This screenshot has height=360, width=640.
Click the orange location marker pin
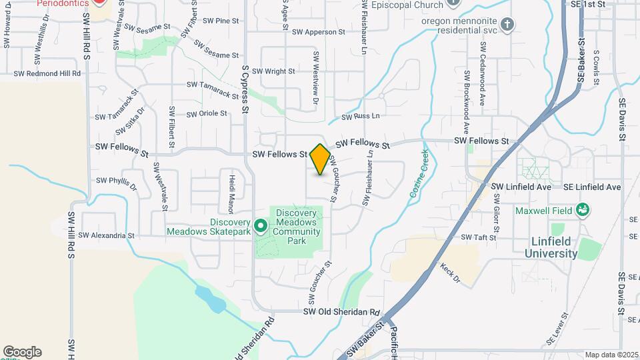coord(320,159)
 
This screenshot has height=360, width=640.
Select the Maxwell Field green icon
coord(583,210)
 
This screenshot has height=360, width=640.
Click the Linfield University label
coord(551,247)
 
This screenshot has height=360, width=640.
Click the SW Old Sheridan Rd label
coord(341,312)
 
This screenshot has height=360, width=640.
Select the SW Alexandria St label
coord(106,235)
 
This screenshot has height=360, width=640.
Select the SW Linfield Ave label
coord(521,187)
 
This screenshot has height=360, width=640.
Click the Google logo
coord(22,351)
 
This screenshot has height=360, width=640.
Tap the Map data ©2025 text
coord(611,355)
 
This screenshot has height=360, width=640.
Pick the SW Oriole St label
coord(207,113)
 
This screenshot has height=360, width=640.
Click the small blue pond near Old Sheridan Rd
coord(210,299)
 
